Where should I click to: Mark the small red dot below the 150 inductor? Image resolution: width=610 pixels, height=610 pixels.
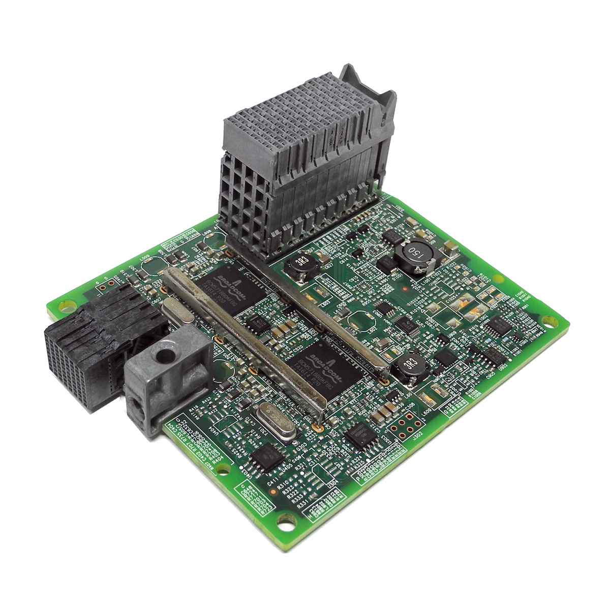click(x=403, y=289)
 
